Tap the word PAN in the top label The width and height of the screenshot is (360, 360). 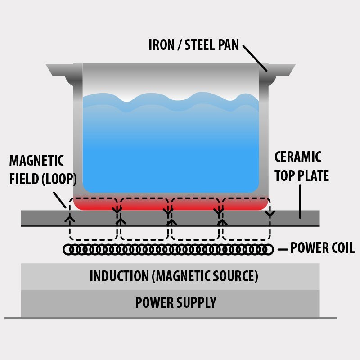[227, 45]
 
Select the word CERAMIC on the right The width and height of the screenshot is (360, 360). [298, 157]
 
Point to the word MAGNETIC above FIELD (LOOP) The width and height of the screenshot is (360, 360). [36, 160]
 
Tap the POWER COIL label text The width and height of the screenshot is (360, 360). [323, 248]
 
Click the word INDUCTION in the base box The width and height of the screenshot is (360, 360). [119, 276]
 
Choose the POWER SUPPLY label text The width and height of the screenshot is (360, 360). [176, 302]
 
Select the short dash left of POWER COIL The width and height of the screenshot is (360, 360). [283, 249]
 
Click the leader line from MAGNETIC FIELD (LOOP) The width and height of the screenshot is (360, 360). [60, 199]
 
